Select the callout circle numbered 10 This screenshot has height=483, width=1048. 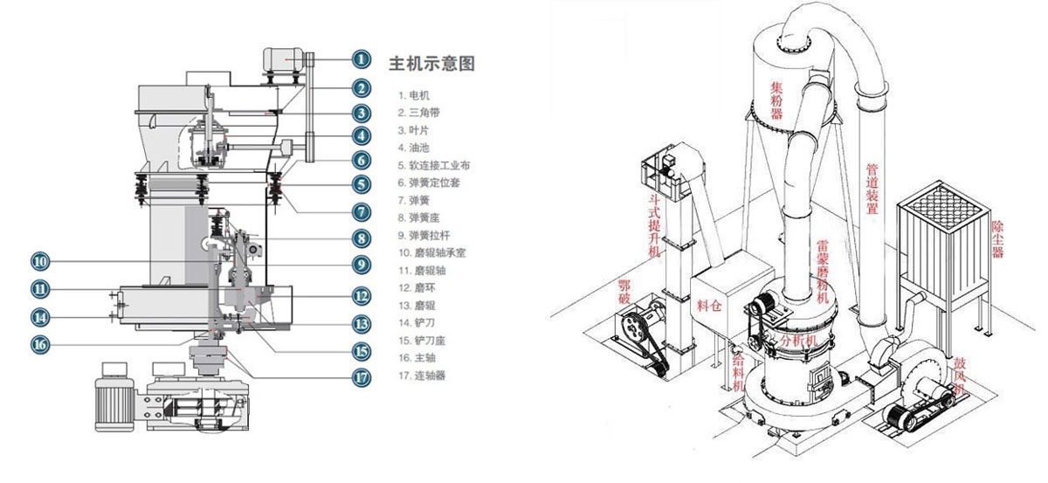pyautogui.click(x=40, y=260)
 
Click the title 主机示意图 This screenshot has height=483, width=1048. pyautogui.click(x=437, y=64)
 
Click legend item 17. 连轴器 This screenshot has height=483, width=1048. pyautogui.click(x=424, y=376)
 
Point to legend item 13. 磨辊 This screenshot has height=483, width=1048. pyautogui.click(x=418, y=305)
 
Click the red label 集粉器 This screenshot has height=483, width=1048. pyautogui.click(x=776, y=100)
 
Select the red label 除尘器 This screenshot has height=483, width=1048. pyautogui.click(x=997, y=238)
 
